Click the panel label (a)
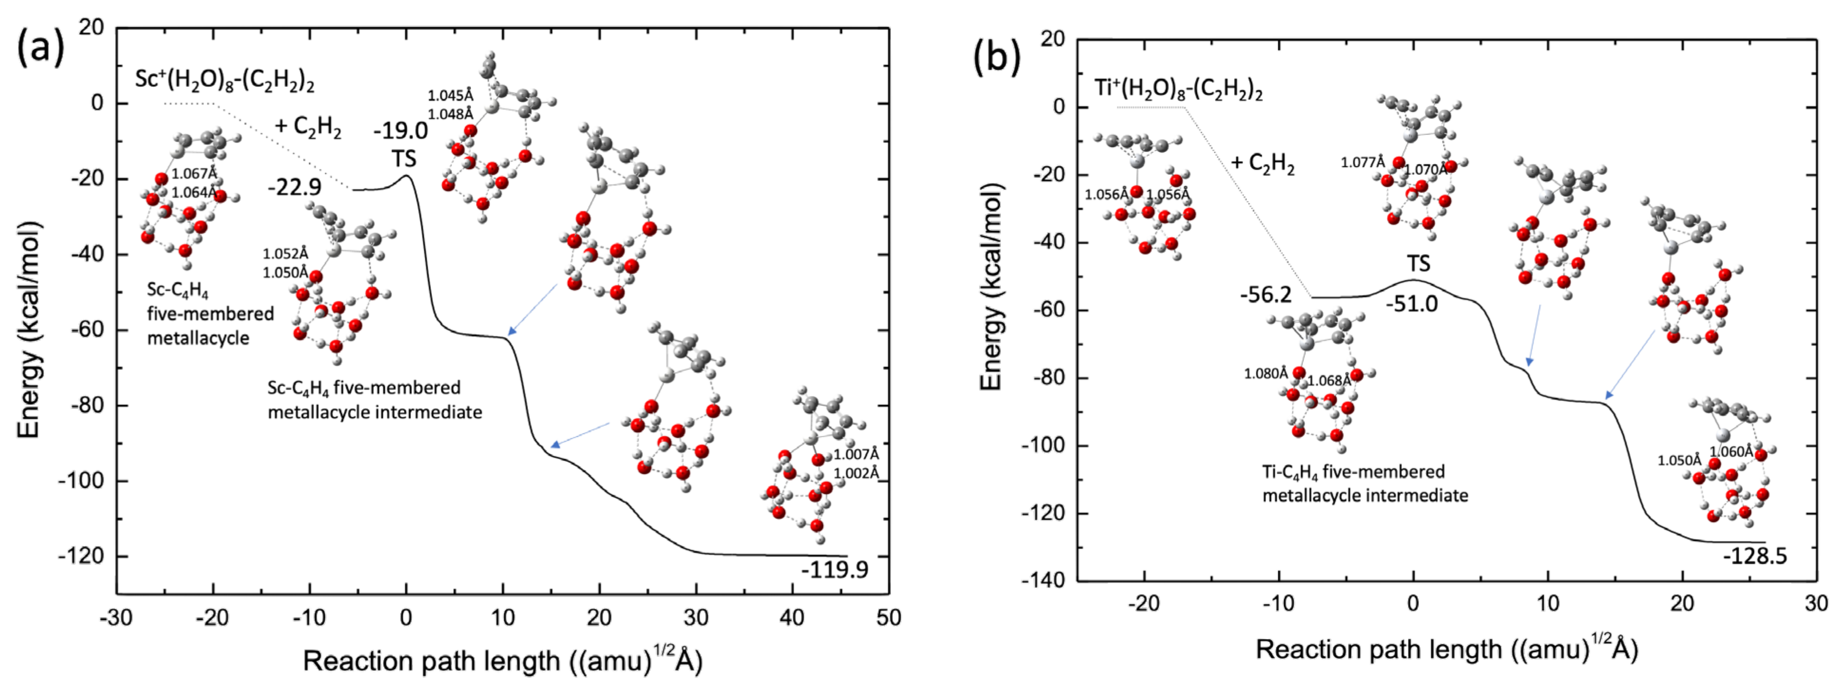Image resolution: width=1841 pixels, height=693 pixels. pyautogui.click(x=41, y=48)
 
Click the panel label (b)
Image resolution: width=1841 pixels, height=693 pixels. pyautogui.click(x=998, y=57)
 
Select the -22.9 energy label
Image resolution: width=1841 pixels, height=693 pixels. pyautogui.click(x=294, y=187)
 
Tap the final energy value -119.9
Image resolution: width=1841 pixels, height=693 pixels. pyautogui.click(x=834, y=569)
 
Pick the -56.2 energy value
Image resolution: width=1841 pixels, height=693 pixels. pyautogui.click(x=1266, y=294)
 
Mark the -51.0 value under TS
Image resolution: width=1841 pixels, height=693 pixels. pyautogui.click(x=1411, y=304)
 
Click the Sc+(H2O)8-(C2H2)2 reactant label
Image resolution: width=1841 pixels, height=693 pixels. pyautogui.click(x=225, y=80)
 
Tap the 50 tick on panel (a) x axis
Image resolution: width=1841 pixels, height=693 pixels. pyautogui.click(x=888, y=617)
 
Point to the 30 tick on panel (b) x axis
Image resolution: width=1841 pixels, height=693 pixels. pyautogui.click(x=1816, y=604)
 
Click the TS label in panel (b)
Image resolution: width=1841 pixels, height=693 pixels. pyautogui.click(x=1419, y=264)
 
